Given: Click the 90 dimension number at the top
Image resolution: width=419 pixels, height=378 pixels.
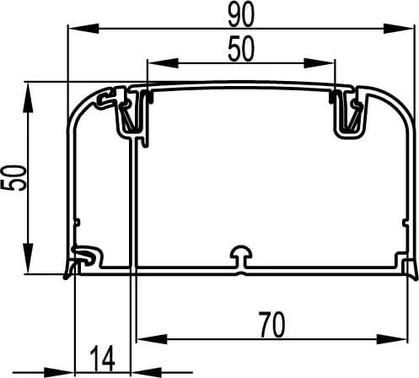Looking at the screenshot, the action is (x=241, y=14).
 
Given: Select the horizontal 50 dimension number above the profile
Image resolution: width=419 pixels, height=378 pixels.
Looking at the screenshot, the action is (x=241, y=49).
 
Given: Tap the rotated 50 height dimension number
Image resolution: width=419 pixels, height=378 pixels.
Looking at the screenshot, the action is (x=13, y=178).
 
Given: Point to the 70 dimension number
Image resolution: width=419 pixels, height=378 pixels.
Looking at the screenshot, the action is (x=271, y=325).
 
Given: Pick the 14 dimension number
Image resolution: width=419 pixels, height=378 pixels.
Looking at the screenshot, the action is (x=103, y=359).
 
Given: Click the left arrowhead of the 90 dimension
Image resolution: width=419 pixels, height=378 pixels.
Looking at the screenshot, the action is (x=83, y=29).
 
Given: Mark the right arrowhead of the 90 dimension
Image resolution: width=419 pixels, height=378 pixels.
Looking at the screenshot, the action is (x=399, y=29).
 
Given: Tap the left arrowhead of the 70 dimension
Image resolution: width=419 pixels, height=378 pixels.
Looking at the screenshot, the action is (x=152, y=339).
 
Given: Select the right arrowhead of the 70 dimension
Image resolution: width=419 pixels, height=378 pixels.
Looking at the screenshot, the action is (x=392, y=339).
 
